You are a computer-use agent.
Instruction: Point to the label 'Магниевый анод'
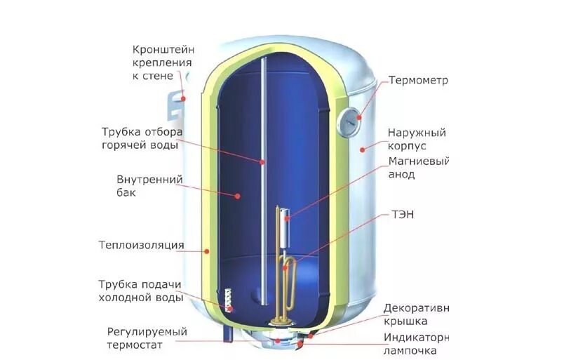417,168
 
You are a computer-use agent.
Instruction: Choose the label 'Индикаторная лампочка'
415,344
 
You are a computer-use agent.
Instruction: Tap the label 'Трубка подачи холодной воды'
140,291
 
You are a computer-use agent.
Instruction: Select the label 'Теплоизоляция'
142,246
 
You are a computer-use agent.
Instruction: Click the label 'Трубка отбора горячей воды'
141,138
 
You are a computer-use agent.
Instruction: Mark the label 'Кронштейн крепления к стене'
163,62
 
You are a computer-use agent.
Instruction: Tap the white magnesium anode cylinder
287,232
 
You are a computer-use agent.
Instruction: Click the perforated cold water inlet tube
229,299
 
